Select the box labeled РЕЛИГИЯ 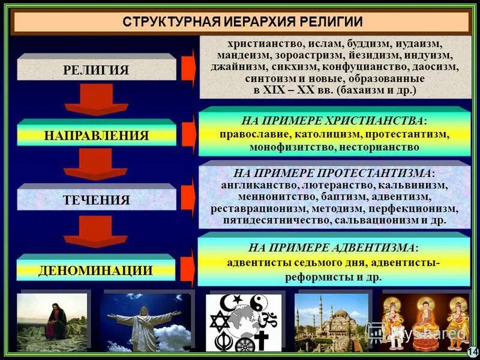click(96, 70)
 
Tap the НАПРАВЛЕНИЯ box click(96, 135)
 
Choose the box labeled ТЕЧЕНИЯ click(96, 200)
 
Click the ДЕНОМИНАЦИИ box click(95, 270)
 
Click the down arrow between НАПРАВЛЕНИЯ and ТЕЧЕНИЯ click(96, 164)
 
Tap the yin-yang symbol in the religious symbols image click(260, 302)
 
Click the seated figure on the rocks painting click(54, 324)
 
